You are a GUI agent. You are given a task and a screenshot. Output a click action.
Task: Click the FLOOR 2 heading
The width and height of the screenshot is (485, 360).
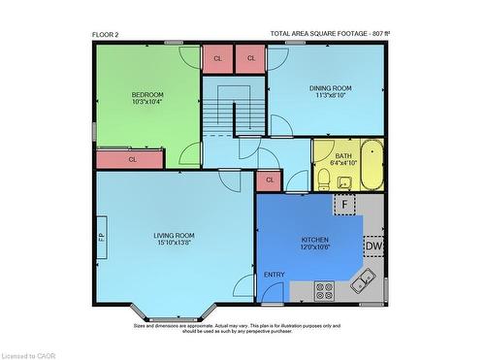105,34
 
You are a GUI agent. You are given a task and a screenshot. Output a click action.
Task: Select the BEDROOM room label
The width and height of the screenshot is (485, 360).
147,94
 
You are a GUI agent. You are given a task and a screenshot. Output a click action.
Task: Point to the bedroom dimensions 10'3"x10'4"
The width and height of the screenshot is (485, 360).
147,102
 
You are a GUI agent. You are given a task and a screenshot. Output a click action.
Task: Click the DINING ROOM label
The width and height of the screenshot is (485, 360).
331,88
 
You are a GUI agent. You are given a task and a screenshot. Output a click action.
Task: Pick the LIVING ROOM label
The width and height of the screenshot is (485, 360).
175,235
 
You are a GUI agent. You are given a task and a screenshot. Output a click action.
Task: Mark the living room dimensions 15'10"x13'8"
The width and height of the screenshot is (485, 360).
175,243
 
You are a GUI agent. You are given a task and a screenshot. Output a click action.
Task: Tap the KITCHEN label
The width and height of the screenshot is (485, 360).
315,239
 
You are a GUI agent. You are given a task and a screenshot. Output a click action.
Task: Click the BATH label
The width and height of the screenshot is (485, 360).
343,155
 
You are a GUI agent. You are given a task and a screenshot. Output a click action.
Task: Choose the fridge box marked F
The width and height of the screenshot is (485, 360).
345,205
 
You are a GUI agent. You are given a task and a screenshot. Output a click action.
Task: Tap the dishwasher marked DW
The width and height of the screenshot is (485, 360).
374,246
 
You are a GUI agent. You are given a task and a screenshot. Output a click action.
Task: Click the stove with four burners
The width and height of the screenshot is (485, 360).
324,288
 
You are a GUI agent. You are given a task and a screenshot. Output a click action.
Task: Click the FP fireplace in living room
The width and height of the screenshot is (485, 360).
101,236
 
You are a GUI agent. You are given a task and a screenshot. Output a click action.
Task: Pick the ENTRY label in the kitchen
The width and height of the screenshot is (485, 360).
275,275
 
